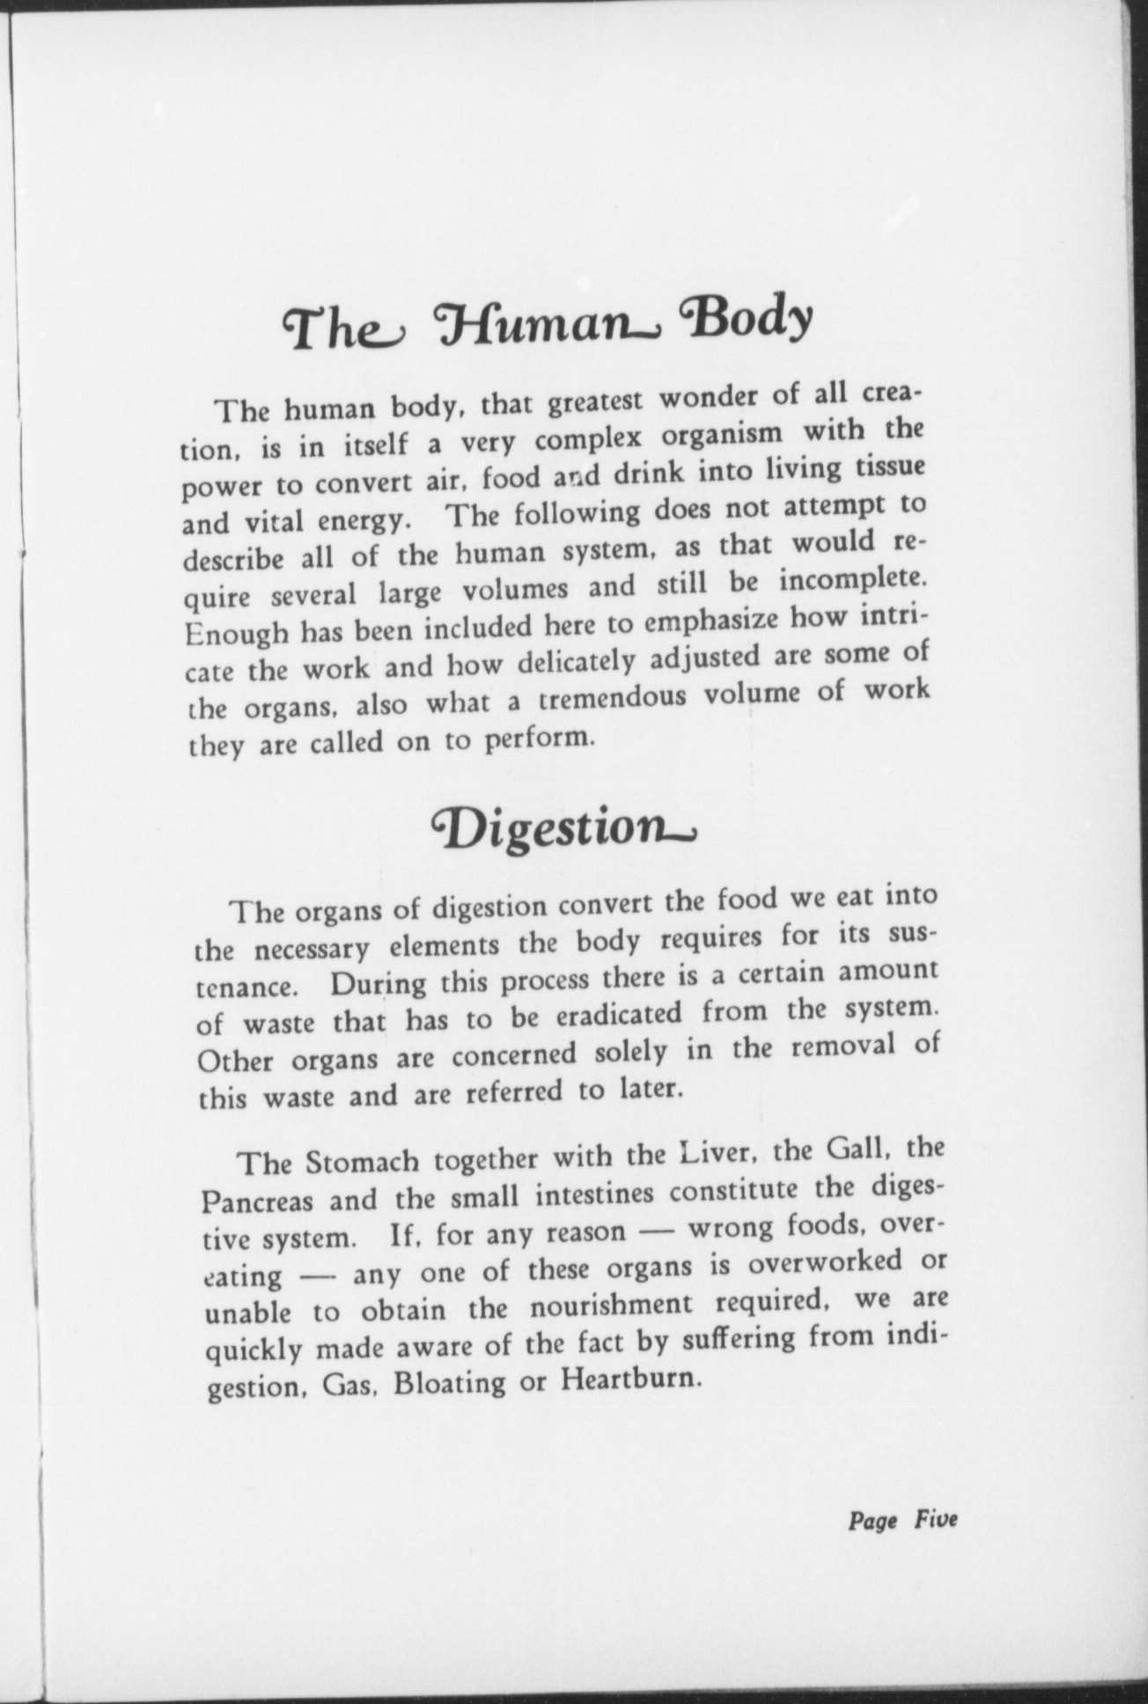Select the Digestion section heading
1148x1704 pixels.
[564, 829]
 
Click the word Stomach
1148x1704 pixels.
[363, 1162]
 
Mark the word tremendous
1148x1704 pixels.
[623, 698]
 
